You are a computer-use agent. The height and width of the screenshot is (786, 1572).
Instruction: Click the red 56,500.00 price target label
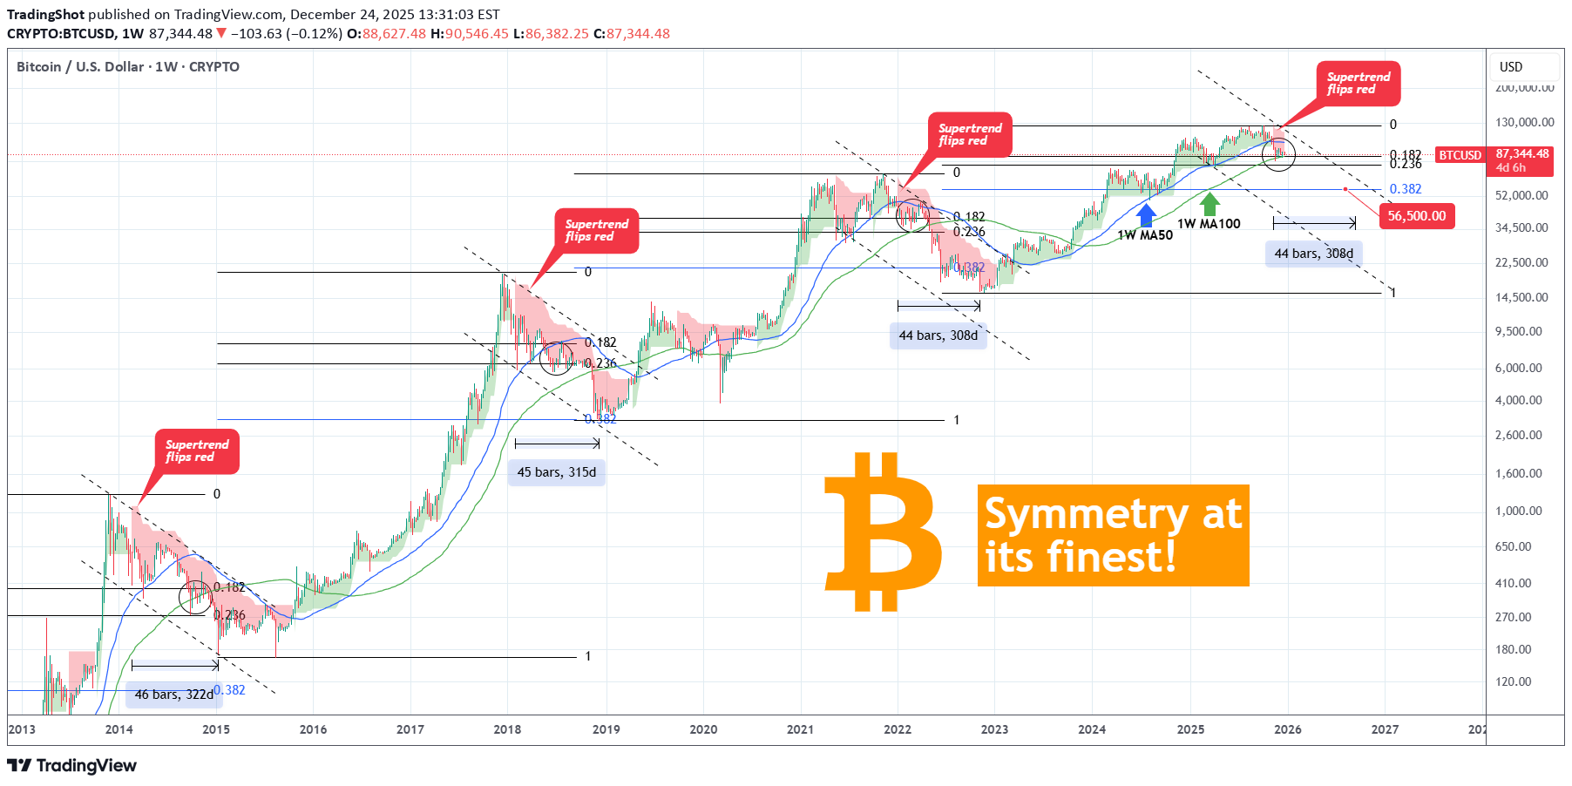[x=1416, y=216]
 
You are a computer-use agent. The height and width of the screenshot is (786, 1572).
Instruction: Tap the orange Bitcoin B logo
[x=882, y=532]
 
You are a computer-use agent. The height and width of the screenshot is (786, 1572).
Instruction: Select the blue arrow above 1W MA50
[x=1146, y=214]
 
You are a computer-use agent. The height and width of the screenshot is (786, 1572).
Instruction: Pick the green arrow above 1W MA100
[x=1209, y=204]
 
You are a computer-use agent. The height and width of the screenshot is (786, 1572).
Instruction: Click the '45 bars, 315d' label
[x=557, y=472]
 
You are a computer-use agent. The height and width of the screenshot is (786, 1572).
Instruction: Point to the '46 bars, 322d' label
[x=173, y=695]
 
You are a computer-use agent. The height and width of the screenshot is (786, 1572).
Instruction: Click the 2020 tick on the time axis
[x=703, y=729]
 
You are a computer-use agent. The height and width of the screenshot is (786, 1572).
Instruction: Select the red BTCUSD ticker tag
[x=1460, y=155]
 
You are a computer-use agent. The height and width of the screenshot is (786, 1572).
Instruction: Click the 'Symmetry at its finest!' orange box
[x=1113, y=535]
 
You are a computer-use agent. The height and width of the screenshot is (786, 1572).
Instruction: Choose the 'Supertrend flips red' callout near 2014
[x=197, y=451]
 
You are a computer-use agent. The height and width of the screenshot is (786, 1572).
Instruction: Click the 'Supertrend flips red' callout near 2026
[x=1358, y=84]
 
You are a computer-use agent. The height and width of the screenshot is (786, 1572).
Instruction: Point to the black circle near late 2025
[x=1278, y=154]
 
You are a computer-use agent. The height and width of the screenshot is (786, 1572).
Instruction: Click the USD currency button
[x=1511, y=67]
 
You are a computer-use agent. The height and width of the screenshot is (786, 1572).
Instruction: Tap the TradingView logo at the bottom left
[x=72, y=765]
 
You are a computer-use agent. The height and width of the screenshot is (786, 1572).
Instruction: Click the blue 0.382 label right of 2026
[x=1405, y=189]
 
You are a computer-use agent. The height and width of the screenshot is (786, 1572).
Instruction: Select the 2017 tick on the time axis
[x=410, y=729]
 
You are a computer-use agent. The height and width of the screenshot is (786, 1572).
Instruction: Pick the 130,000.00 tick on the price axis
[x=1524, y=122]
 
